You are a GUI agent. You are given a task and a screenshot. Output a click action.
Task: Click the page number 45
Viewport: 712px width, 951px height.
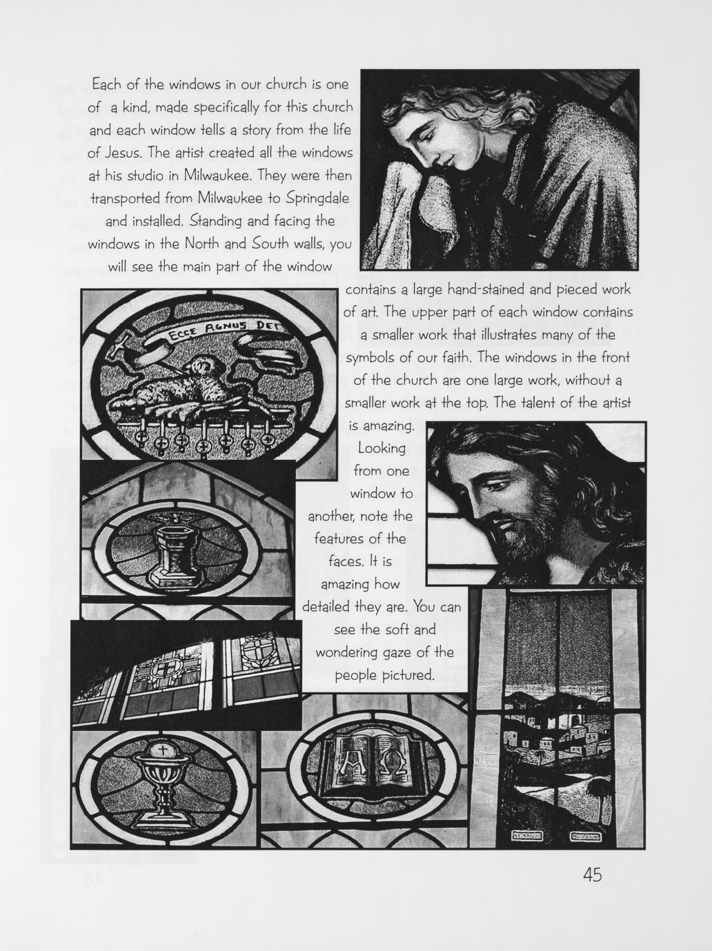592,875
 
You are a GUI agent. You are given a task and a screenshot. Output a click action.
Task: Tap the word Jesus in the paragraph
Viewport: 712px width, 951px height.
123,152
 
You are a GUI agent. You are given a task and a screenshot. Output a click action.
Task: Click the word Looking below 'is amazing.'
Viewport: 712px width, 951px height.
382,449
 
